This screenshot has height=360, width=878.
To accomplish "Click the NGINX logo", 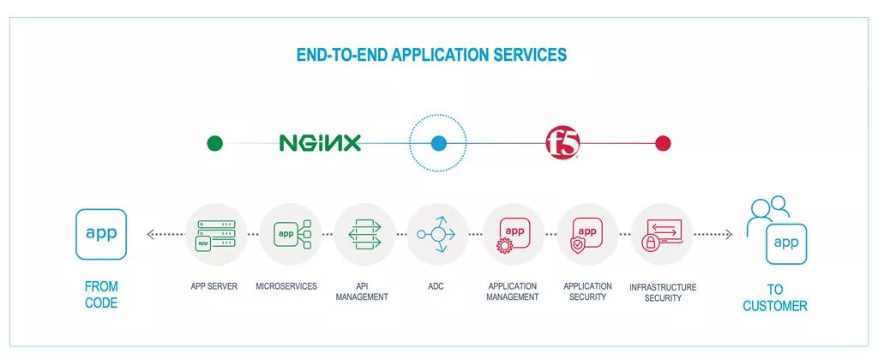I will pos(320,143).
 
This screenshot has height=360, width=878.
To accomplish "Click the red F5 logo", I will pos(563,143).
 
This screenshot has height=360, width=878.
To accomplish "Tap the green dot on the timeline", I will pos(215,143).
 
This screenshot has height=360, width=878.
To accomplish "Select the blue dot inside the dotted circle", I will pos(438,143).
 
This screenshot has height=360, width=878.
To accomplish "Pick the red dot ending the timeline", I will pos(663,143).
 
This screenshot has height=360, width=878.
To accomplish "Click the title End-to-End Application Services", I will pos(431,55).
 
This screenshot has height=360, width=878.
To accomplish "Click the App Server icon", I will pos(215,234).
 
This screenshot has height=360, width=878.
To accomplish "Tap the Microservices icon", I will pos(290,234).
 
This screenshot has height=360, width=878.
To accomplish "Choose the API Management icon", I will pos(364,234).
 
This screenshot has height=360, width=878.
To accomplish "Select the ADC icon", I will pos(437,234).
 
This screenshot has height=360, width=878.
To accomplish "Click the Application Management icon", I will pos(513,234).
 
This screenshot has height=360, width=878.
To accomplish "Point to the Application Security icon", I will pos(587,234).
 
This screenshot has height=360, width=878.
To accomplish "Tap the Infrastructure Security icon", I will pos(662,234).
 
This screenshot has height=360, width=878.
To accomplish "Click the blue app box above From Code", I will pos(101,234).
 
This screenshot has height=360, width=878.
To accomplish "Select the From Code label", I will pos(101,294).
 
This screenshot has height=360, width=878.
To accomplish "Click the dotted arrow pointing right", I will pos(713,234).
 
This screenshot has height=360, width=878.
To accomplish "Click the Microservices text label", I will pos(286,286).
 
